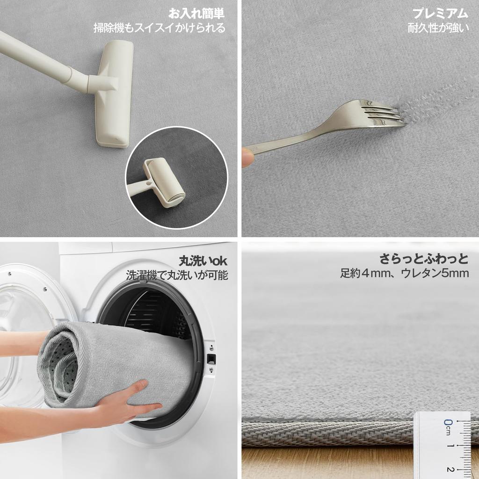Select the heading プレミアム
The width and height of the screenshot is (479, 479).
[x=440, y=13]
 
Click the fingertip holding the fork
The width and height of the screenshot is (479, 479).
[x=247, y=157]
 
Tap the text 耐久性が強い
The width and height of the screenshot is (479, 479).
[x=438, y=28]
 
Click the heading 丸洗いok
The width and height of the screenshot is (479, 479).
[x=203, y=260]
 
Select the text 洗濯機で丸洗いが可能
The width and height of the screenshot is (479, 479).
[x=177, y=275]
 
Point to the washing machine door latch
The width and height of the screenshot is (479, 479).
[x=211, y=359]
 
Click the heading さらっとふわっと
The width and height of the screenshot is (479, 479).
[x=424, y=259]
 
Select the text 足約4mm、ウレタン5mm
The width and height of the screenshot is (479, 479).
[x=404, y=273]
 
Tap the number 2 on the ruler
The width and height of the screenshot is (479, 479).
[x=449, y=469]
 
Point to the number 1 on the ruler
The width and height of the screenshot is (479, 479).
[x=449, y=446]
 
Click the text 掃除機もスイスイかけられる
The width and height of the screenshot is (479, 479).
[x=159, y=28]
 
